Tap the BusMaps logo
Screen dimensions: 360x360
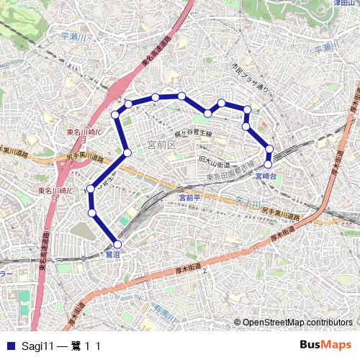click(x=327, y=346)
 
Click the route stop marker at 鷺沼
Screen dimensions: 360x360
click(x=118, y=244)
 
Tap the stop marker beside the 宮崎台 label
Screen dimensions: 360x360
click(x=268, y=164)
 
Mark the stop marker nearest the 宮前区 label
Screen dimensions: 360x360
click(x=127, y=153)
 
